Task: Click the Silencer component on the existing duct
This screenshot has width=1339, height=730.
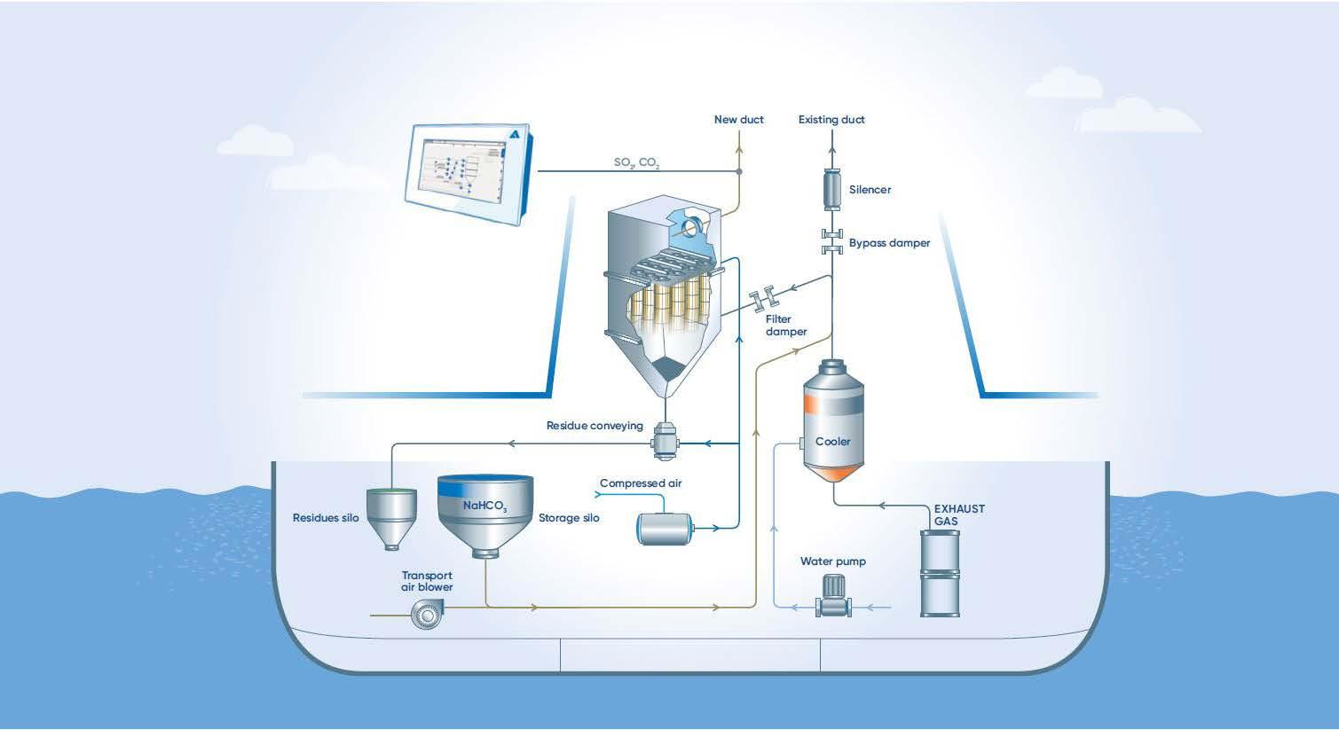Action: (x=831, y=189)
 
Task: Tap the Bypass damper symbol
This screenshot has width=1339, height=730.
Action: (x=832, y=241)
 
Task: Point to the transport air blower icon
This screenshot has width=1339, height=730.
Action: (x=427, y=614)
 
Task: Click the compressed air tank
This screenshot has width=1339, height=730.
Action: (x=664, y=529)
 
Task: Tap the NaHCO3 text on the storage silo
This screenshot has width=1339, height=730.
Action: (x=484, y=506)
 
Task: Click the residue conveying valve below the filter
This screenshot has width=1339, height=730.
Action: (x=664, y=441)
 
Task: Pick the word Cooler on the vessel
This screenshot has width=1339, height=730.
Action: (x=832, y=442)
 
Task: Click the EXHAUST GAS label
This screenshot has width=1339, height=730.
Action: (x=959, y=515)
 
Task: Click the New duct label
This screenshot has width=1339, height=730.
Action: (x=739, y=120)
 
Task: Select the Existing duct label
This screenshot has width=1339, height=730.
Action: (x=831, y=120)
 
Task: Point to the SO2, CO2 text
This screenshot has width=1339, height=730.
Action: (x=636, y=162)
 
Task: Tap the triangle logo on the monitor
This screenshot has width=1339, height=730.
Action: (x=515, y=135)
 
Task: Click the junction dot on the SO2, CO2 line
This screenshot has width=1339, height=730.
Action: (x=739, y=171)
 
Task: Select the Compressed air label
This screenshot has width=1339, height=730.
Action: (x=640, y=483)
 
